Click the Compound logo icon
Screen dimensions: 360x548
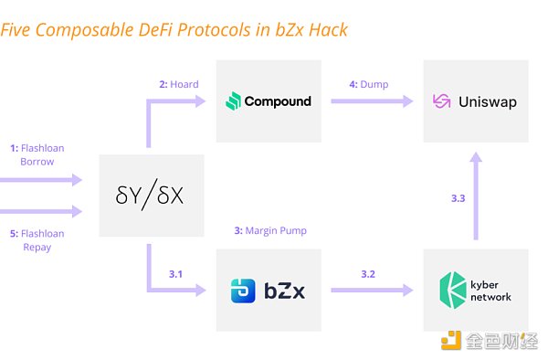coord(233,101)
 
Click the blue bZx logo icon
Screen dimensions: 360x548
coord(241,291)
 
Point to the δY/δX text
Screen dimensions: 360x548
coord(152,196)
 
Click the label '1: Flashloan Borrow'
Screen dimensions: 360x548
coord(37,154)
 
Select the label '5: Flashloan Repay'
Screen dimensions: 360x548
coord(37,239)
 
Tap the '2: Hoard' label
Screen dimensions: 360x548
coord(179,84)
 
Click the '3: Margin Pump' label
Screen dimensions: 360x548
coord(270,230)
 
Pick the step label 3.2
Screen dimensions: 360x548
coord(368,272)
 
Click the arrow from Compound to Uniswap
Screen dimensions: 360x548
coord(371,101)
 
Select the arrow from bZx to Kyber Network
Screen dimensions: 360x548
coord(371,291)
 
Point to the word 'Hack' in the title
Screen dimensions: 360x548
coord(326,30)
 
